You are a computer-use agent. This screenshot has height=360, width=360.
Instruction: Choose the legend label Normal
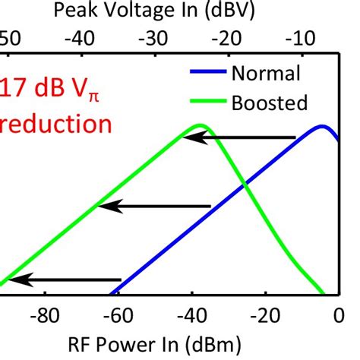[266, 74]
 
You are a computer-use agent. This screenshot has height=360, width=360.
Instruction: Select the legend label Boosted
[270, 102]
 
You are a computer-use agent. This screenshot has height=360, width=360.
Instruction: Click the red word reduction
[56, 125]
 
